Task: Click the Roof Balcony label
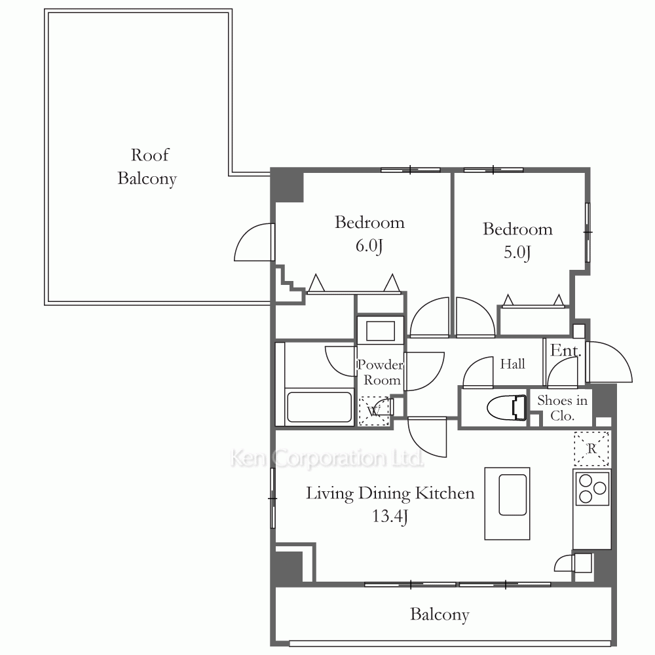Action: pos(147,166)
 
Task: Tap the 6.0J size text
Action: pos(369,246)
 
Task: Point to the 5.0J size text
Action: pos(517,252)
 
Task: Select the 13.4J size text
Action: pos(390,516)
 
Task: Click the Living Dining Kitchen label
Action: pos(390,493)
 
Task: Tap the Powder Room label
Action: pos(380,372)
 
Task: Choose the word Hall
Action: pos(513,364)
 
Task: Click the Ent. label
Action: pos(566,350)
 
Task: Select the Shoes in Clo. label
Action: pos(562,407)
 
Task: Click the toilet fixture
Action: pos(506,407)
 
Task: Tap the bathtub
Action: pos(320,407)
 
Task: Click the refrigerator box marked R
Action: pos(591,449)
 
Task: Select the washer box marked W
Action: pos(374,411)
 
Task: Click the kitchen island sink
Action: pos(513,495)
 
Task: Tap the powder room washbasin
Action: pos(380,331)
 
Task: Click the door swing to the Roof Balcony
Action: pos(254,242)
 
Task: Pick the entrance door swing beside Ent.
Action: pos(609,362)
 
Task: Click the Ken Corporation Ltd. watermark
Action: pos(327,458)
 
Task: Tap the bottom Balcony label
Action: pos(440,614)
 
